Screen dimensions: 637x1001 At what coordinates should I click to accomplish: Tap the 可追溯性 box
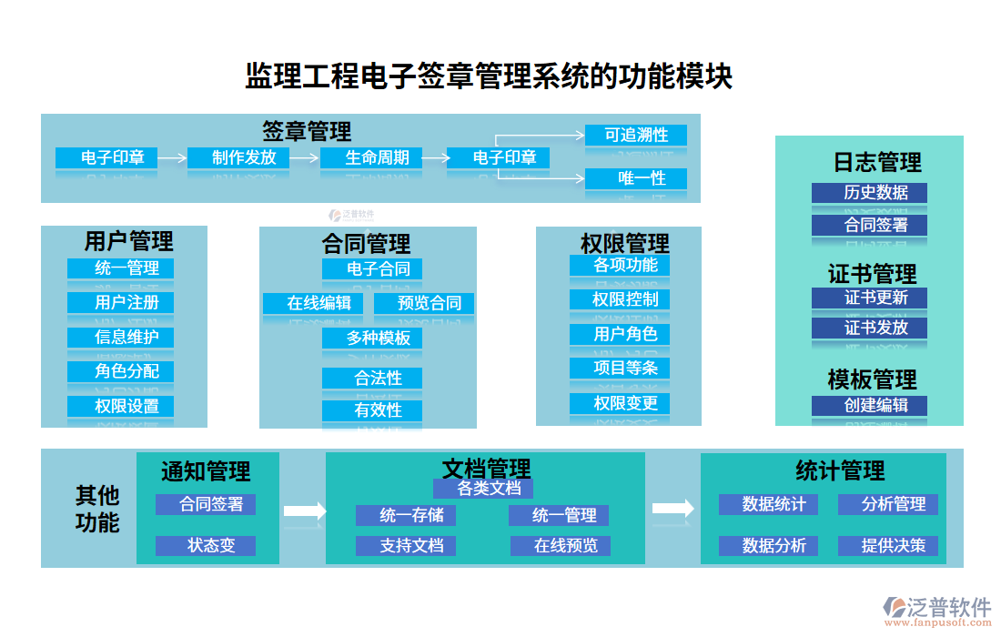point(635,135)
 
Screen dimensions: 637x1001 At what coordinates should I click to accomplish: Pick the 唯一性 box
point(635,178)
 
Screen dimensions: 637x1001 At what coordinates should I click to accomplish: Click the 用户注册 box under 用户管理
point(120,302)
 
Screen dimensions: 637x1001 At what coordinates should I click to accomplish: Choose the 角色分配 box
point(120,371)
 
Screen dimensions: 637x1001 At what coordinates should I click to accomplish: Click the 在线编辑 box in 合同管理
point(313,303)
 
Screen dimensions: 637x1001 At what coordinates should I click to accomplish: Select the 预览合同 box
point(424,303)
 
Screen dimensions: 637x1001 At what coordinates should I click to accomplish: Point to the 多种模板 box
point(371,339)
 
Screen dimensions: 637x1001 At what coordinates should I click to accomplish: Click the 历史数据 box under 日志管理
point(869,192)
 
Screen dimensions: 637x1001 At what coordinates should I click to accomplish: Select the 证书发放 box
point(869,328)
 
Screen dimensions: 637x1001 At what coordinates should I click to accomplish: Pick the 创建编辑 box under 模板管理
point(869,405)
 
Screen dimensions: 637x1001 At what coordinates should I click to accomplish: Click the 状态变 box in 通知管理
point(205,545)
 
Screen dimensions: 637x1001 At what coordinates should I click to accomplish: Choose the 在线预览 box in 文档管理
point(560,545)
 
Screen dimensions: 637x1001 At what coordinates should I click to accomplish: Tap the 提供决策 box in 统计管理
point(887,545)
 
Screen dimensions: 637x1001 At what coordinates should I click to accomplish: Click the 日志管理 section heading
point(877,162)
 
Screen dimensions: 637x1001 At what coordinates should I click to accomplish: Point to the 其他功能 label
point(96,509)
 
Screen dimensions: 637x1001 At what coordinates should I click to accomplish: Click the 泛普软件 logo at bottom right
point(936,609)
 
